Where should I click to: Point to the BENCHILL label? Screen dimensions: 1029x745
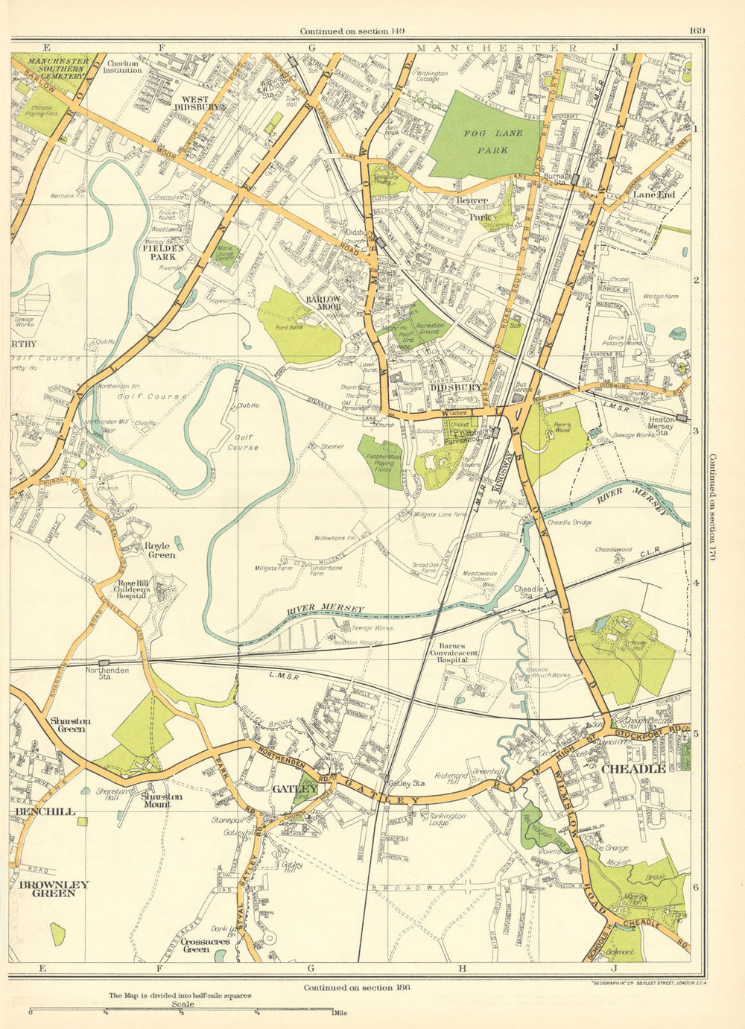(x=42, y=811)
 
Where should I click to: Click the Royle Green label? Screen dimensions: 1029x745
(x=161, y=550)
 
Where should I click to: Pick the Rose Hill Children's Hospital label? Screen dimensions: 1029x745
(x=133, y=589)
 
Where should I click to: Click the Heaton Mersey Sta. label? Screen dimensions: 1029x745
(x=662, y=425)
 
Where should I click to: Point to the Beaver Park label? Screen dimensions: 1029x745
(x=472, y=209)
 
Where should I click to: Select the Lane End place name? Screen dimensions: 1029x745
(x=653, y=194)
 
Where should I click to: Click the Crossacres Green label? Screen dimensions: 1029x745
(x=196, y=945)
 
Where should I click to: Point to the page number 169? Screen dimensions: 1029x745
(x=697, y=31)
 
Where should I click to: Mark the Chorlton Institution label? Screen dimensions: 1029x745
(x=124, y=67)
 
